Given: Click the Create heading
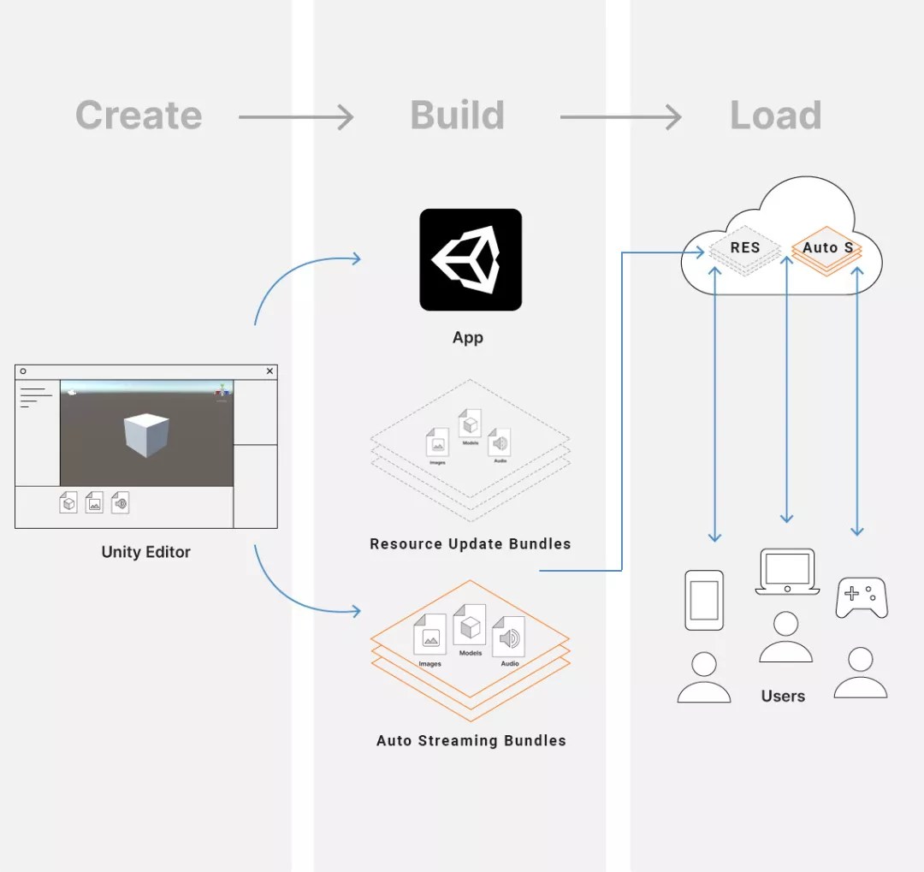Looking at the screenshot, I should (x=139, y=116).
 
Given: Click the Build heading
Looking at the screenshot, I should (x=457, y=116).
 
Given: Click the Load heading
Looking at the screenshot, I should (x=775, y=116).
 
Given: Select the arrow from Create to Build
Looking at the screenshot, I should (x=296, y=116).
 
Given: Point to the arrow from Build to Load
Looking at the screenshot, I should (x=620, y=116).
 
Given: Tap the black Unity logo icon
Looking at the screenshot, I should (x=470, y=259).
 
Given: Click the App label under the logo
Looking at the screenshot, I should (x=468, y=337).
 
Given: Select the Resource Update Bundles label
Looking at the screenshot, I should (x=470, y=543).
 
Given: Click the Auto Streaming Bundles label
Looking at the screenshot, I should (x=471, y=740).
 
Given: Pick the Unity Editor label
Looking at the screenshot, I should (x=145, y=552).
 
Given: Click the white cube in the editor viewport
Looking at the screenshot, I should (x=146, y=434).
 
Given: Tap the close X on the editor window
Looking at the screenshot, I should (x=269, y=371).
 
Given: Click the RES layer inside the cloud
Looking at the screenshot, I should (x=744, y=248).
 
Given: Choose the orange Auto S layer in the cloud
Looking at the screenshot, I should (x=826, y=248).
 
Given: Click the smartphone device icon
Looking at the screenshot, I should (x=704, y=600).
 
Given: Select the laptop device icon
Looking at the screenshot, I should (x=786, y=572).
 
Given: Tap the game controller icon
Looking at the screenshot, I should (x=861, y=597).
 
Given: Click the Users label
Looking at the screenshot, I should (x=783, y=696).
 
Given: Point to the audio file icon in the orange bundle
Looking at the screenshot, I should (x=509, y=638).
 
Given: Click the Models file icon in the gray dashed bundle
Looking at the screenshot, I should (x=470, y=423).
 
